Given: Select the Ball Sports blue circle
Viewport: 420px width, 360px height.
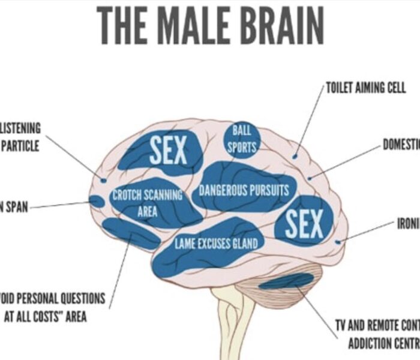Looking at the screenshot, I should (242, 139).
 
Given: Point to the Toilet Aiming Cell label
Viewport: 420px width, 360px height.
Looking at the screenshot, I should (366, 88).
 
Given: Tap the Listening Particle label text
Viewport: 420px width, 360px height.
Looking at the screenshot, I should (20, 137).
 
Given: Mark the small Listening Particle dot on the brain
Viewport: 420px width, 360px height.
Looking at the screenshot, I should (103, 180).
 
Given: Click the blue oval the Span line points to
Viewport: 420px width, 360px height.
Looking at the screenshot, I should (97, 202).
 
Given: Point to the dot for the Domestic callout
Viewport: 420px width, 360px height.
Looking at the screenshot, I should (310, 178).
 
